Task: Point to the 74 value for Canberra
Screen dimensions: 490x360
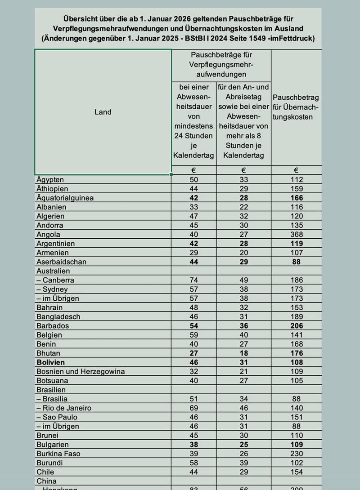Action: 193,280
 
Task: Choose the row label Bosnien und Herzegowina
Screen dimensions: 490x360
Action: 80,371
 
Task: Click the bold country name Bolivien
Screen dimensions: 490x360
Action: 50,362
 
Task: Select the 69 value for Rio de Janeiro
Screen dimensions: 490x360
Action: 193,408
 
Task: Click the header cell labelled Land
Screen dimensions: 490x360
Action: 103,112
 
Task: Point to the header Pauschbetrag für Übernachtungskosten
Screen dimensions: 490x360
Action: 296,107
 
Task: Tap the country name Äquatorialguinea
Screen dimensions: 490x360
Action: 65,198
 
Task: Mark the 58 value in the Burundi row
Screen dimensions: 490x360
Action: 193,463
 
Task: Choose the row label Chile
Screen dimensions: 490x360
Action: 45,472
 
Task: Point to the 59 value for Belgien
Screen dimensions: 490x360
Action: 193,335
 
